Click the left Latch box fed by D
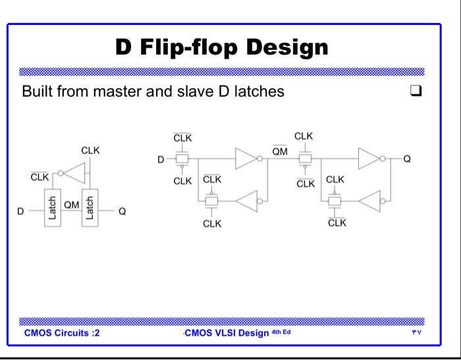[x=53, y=209]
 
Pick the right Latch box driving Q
[x=90, y=209]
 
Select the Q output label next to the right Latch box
[x=122, y=211]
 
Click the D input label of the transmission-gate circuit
[x=159, y=159]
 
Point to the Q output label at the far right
[x=406, y=159]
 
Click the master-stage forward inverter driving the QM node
[x=246, y=159]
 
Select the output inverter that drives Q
[x=368, y=159]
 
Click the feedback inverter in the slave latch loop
[x=371, y=201]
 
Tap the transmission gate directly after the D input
[x=182, y=159]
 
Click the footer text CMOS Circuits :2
[x=62, y=332]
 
